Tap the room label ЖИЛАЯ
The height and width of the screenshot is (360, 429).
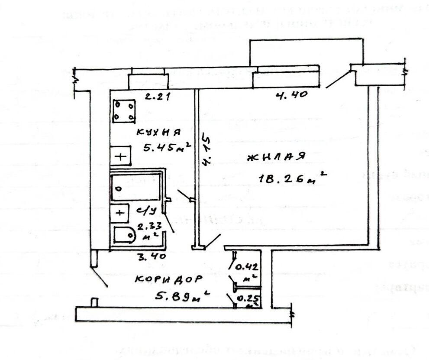[277, 157]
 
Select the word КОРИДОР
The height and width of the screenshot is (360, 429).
[168, 279]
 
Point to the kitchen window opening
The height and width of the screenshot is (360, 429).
[148, 81]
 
